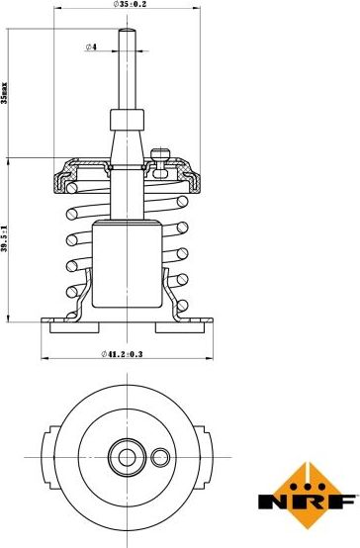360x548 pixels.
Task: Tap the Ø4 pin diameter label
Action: tap(91, 46)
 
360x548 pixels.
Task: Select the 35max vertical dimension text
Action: tap(4, 93)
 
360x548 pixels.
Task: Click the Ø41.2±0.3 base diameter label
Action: tap(122, 354)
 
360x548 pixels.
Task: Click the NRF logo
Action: tap(308, 496)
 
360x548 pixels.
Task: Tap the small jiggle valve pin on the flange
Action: tap(160, 163)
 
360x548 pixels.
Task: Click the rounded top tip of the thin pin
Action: tap(127, 29)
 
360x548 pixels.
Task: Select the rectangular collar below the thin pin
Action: tap(128, 120)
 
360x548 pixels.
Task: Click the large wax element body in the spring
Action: tap(128, 264)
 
